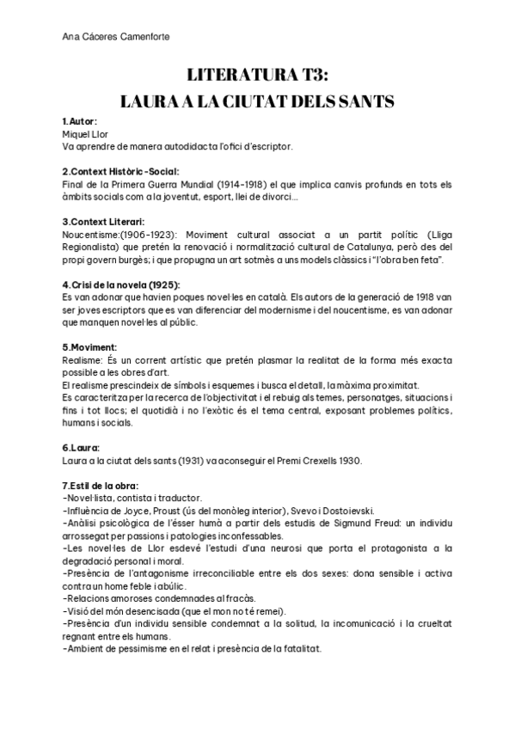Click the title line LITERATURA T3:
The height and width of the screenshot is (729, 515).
(257, 75)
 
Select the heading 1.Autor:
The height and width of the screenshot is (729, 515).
(80, 123)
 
